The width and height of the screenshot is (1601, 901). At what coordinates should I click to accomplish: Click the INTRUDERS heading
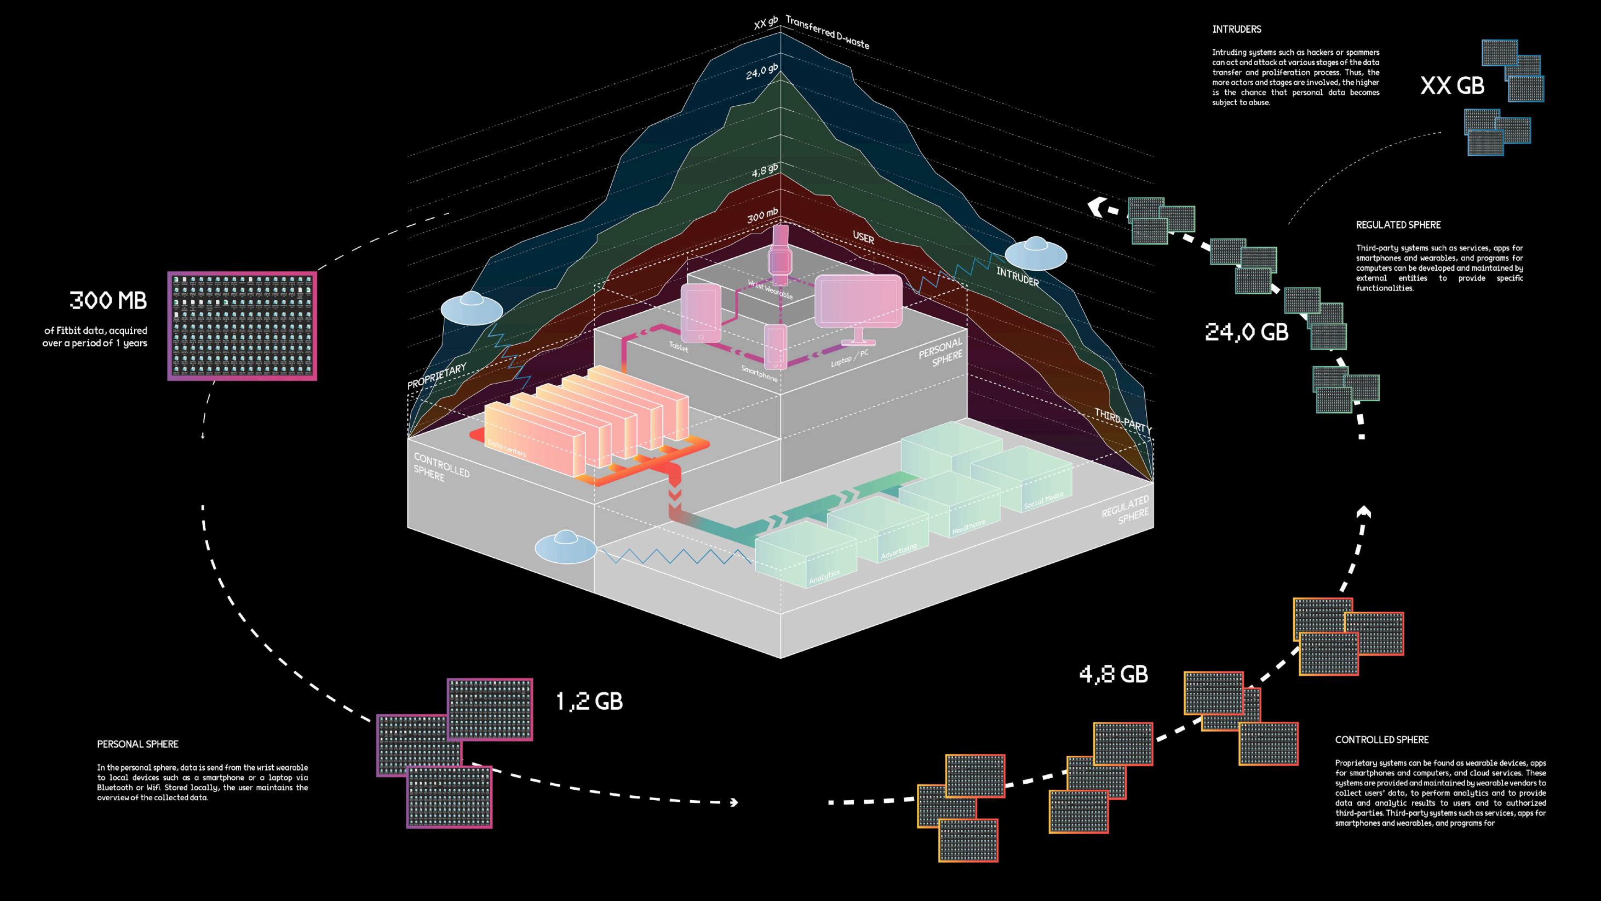click(x=1236, y=29)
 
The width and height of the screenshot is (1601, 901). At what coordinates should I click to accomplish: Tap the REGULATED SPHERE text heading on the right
click(x=1398, y=225)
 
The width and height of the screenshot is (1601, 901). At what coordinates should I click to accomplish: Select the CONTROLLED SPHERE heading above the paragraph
click(x=1381, y=740)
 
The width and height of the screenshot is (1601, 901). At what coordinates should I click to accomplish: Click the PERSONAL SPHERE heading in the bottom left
click(x=137, y=744)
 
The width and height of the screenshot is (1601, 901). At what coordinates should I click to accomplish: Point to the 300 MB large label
click(x=108, y=301)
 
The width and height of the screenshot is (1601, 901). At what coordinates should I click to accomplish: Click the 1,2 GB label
click(x=589, y=702)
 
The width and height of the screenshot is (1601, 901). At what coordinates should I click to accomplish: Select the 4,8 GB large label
click(x=1114, y=675)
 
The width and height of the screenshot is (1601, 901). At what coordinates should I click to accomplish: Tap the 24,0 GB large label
click(x=1247, y=332)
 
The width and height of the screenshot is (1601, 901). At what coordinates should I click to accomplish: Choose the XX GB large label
click(x=1452, y=86)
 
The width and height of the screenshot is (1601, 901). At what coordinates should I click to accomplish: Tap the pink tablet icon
click(x=701, y=313)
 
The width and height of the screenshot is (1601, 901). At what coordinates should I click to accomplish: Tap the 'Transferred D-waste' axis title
click(x=827, y=32)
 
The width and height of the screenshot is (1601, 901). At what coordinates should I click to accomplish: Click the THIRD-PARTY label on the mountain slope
click(x=1122, y=420)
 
